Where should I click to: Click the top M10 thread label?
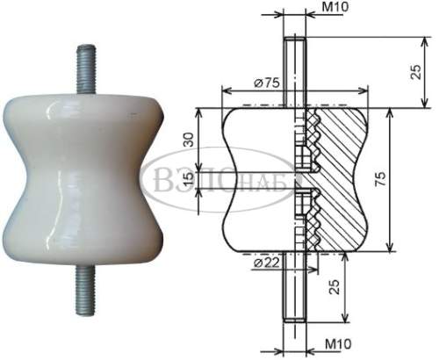335,7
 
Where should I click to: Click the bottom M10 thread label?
338,343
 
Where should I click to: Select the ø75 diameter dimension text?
267,83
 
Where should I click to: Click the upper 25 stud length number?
416,71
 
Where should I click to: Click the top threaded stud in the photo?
86,69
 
